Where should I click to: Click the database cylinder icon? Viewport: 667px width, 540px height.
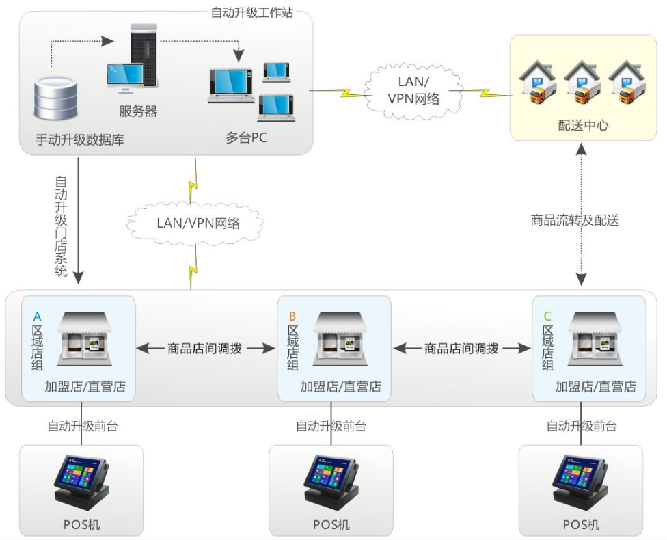[x=57, y=98]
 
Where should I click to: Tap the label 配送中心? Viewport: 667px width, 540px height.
[x=583, y=125]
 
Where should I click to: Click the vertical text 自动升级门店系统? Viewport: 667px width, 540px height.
[x=62, y=226]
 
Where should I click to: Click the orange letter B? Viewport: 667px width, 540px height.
[x=292, y=316]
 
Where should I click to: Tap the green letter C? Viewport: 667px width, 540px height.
[x=546, y=316]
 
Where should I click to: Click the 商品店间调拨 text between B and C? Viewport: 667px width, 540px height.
[x=462, y=349]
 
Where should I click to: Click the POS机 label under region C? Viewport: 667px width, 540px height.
[x=581, y=525]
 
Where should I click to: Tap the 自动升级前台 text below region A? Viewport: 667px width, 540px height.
[x=82, y=426]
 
